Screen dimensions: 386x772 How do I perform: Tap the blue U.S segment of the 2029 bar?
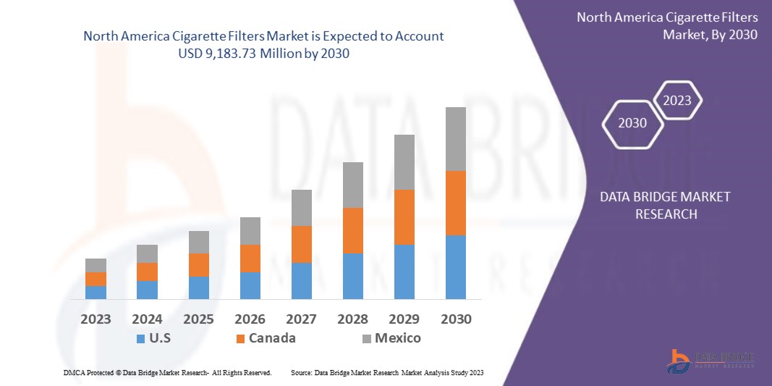404,272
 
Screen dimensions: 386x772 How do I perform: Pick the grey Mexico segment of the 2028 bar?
353,185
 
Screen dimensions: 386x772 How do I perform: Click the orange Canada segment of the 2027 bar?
302,244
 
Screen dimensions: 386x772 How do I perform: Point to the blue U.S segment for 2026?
250,285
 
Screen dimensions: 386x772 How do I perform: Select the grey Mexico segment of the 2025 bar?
199,242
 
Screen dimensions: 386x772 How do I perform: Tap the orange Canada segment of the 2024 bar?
147,272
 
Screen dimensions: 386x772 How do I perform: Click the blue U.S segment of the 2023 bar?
96,292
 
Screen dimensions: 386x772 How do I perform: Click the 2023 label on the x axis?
96,319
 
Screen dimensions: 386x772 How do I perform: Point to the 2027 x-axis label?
302,319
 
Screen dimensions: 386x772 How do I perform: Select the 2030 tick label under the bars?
456,319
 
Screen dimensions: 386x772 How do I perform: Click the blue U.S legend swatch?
140,338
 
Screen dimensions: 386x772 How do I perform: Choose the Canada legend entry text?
272,338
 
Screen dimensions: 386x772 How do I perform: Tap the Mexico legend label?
397,338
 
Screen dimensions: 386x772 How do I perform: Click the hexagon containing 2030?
632,123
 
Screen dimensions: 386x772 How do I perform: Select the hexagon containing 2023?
677,101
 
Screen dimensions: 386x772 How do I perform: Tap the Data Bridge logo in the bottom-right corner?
713,360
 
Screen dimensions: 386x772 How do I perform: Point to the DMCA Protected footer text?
167,372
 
